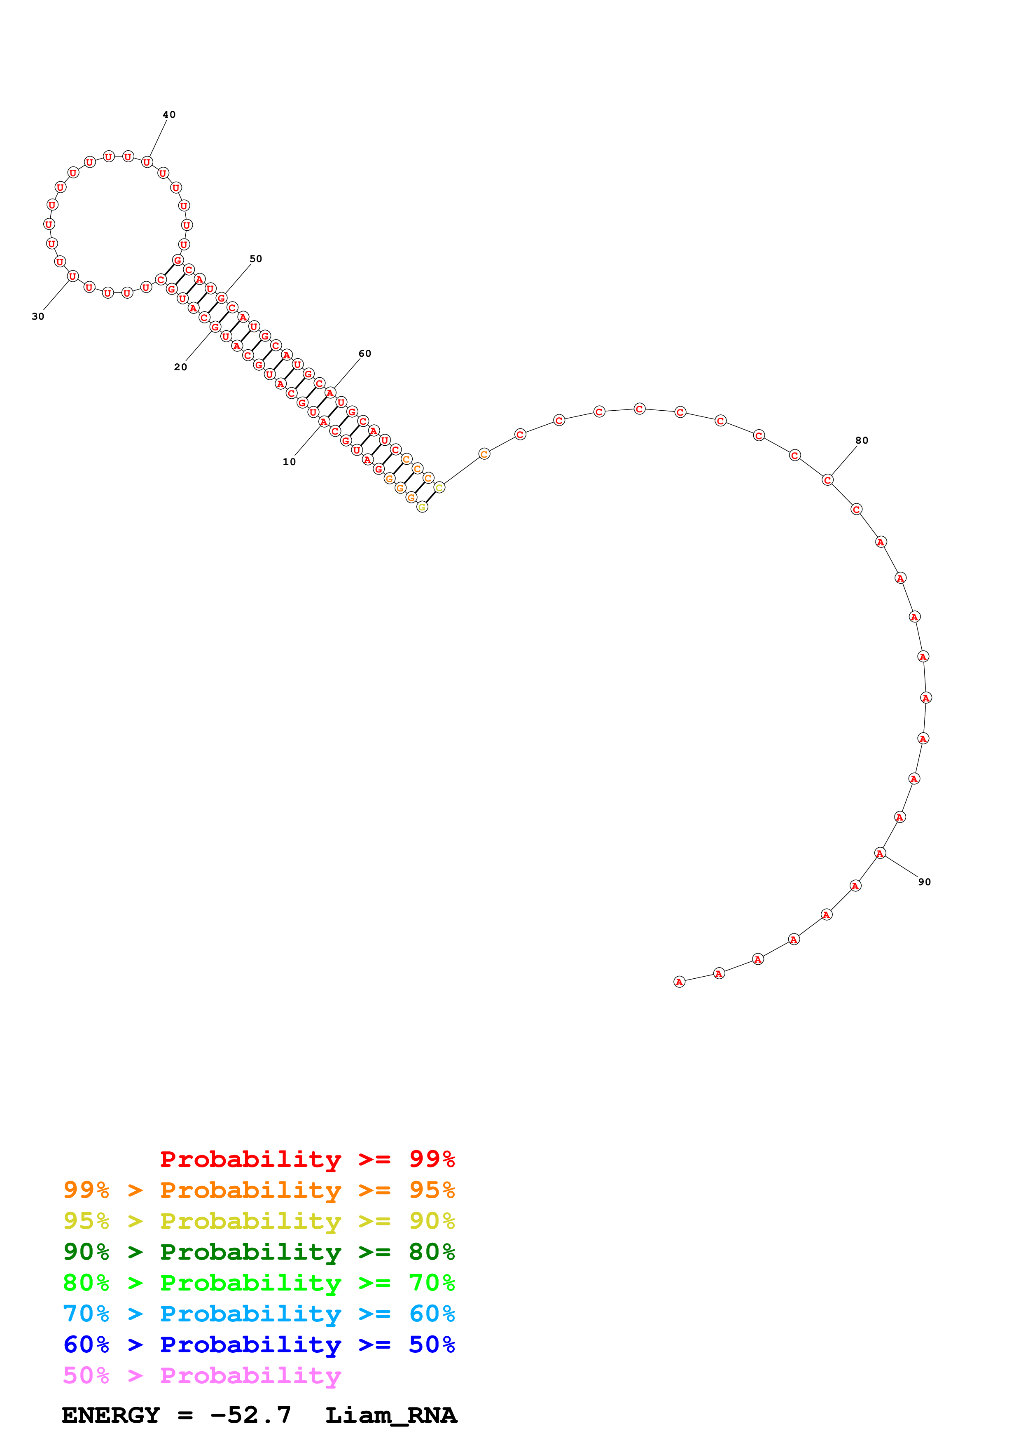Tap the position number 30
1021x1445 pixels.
coord(38,317)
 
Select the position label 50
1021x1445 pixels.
coord(255,259)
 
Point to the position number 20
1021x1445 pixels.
coord(180,367)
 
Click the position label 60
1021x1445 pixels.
coord(365,354)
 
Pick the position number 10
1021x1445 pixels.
coord(290,462)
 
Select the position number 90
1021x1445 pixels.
coord(924,882)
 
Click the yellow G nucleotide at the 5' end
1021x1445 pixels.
coord(422,507)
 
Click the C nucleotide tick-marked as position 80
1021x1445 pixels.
coord(828,480)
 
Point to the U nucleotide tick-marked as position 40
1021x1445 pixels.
coord(147,162)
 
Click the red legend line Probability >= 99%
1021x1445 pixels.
coord(307,1159)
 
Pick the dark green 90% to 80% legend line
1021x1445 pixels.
coord(259,1252)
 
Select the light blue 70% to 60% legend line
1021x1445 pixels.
coord(259,1314)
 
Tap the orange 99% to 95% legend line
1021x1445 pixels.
coord(259,1190)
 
